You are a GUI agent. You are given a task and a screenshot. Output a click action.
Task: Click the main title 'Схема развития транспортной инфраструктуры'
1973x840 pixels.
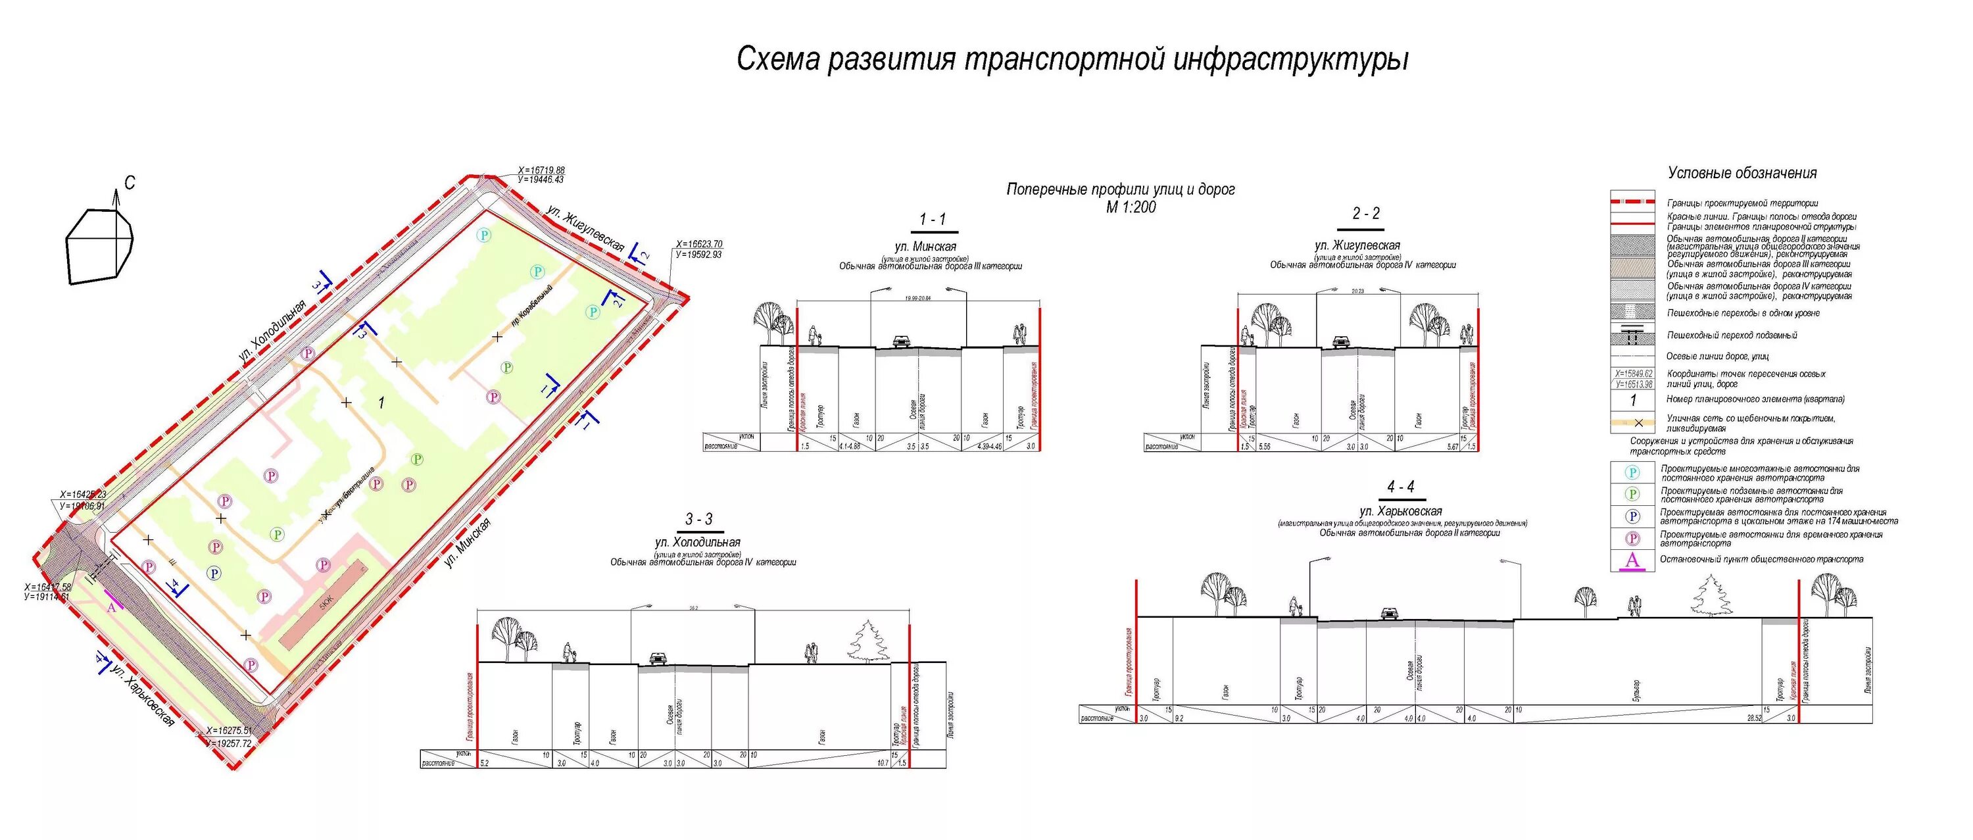[x=1072, y=60]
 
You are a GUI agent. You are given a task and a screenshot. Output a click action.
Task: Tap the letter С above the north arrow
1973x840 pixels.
[x=130, y=182]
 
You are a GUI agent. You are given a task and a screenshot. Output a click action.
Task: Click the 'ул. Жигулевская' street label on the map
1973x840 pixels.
[x=586, y=228]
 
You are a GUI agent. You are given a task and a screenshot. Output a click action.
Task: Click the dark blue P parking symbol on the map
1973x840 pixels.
[x=215, y=573]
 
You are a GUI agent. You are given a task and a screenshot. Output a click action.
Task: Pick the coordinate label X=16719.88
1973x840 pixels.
[x=541, y=170]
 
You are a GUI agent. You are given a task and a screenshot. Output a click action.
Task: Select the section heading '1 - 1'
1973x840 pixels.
[x=932, y=220]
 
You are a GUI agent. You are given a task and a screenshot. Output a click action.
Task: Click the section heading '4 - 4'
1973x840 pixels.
[x=1400, y=487]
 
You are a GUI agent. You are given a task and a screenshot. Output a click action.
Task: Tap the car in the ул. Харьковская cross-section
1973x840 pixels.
[x=1388, y=613]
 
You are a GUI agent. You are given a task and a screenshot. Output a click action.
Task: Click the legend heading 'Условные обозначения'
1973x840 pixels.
[x=1742, y=173]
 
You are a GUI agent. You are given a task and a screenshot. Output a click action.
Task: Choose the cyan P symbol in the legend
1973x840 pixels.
[x=1632, y=472]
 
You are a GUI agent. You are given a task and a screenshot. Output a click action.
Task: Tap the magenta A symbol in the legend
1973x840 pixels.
[x=1632, y=560]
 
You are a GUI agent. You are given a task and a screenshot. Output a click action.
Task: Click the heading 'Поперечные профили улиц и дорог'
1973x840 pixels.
[x=1120, y=189]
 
